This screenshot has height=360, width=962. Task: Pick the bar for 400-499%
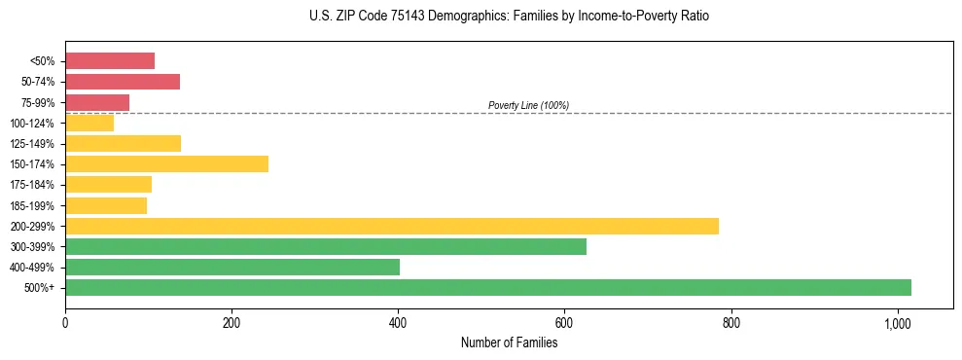(x=232, y=267)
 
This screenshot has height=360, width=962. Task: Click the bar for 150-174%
(x=166, y=164)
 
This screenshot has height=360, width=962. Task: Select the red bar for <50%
(x=110, y=61)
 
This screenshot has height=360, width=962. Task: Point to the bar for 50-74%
(x=123, y=82)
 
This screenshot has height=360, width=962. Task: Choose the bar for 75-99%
(x=97, y=102)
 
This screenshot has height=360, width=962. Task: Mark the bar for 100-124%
(x=89, y=123)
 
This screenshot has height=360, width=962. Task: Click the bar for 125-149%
(x=123, y=144)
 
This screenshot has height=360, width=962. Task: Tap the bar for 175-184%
(x=108, y=185)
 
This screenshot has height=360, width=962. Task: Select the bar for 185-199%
(x=106, y=205)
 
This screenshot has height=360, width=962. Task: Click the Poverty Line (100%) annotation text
(x=528, y=105)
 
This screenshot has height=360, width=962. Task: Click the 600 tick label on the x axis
(x=564, y=323)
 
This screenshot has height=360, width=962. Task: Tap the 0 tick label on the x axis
(x=65, y=323)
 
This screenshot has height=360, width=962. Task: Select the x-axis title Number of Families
(x=509, y=342)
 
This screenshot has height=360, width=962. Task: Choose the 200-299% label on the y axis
(x=34, y=227)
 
